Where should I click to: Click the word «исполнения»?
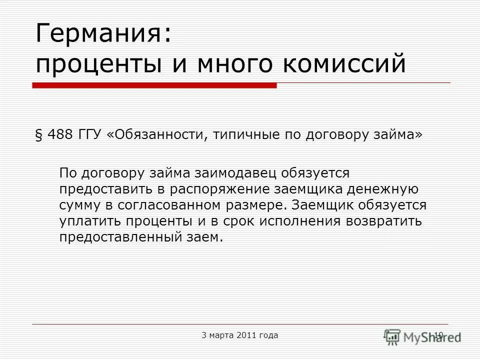point(292,221)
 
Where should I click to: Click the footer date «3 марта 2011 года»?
point(240,335)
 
